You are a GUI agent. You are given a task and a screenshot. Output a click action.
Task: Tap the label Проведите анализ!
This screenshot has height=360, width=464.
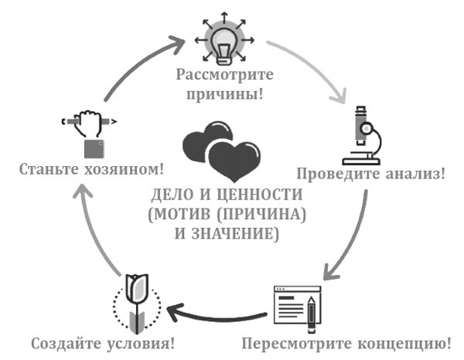[371, 174]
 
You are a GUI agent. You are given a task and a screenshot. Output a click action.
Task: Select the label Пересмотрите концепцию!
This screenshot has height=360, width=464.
[347, 342]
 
